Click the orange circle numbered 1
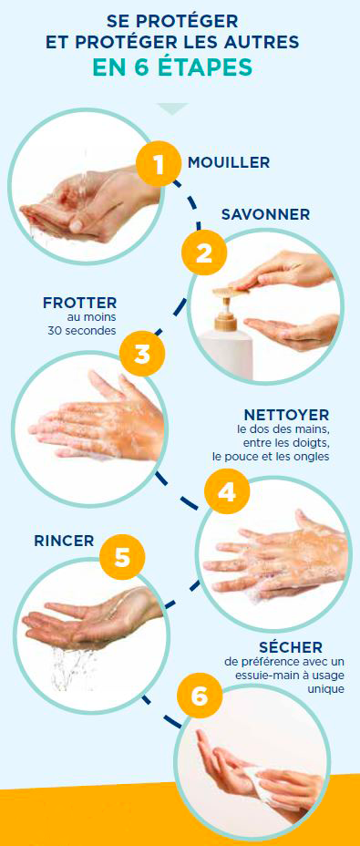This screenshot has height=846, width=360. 159,164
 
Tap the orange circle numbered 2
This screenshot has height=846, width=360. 204,253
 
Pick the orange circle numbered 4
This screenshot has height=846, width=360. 227,492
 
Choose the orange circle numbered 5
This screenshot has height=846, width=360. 122,558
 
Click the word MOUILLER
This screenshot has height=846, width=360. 229,162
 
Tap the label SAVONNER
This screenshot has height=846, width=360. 265,214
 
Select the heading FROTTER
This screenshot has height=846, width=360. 80,303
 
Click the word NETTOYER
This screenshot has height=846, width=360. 286,416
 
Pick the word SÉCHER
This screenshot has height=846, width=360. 291,647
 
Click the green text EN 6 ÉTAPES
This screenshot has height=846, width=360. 173,68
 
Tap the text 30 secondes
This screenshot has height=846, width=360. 82,331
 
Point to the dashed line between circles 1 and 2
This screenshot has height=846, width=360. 192,203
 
